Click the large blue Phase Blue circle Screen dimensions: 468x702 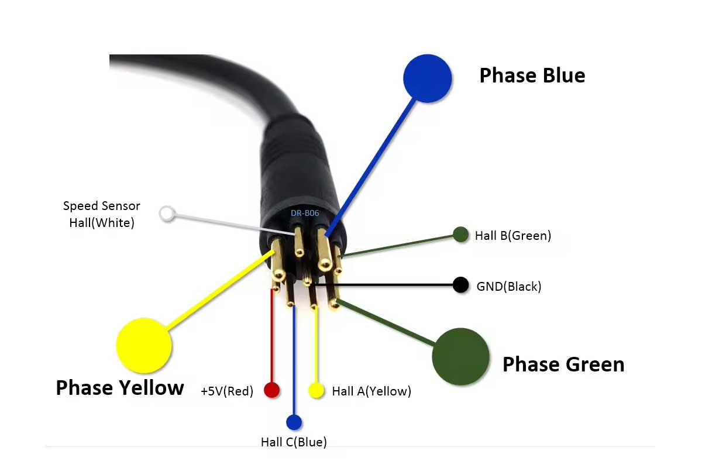(428, 78)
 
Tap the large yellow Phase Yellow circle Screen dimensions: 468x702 (144, 345)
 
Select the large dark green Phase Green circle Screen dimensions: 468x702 (460, 356)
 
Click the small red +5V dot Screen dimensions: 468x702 (272, 390)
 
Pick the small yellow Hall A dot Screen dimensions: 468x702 (316, 390)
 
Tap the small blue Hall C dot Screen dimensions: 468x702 (294, 422)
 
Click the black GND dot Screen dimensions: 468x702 (461, 285)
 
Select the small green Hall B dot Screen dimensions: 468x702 (461, 235)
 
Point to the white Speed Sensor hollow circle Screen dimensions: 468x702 (168, 214)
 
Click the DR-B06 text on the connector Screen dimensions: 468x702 (305, 213)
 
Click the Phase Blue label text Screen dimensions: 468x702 (532, 75)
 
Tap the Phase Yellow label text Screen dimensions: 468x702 (120, 387)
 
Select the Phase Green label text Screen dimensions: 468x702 (563, 364)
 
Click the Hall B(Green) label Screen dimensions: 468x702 (513, 236)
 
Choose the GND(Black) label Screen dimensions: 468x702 (509, 287)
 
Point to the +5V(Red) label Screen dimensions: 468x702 (227, 391)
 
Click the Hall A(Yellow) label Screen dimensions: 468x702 (371, 391)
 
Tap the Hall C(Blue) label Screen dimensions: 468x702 (294, 442)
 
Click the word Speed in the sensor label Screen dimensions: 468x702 (81, 206)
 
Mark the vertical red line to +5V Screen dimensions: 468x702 (271, 333)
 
